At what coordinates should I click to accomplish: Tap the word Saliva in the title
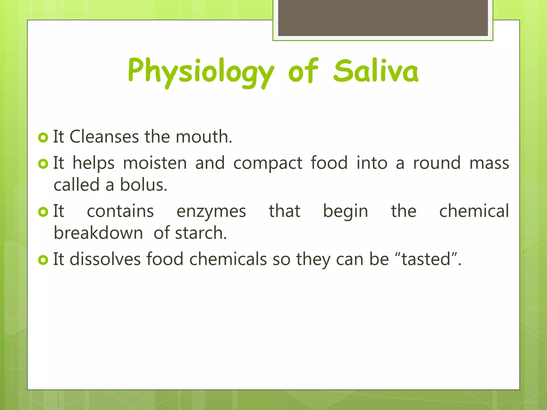376,71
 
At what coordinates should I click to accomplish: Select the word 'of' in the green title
303,71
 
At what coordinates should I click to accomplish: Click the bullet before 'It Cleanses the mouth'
43,137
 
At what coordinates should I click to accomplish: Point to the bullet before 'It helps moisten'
43,164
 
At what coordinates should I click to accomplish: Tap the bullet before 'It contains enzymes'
43,212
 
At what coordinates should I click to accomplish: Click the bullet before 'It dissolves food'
43,260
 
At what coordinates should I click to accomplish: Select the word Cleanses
104,137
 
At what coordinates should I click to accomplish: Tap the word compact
268,163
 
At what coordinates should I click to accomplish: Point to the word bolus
143,185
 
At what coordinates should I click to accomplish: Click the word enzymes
211,212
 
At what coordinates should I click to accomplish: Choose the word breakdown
98,233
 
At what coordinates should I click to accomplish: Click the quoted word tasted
426,259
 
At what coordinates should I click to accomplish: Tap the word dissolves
105,259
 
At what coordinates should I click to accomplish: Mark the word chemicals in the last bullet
228,259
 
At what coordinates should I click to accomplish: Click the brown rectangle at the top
383,18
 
